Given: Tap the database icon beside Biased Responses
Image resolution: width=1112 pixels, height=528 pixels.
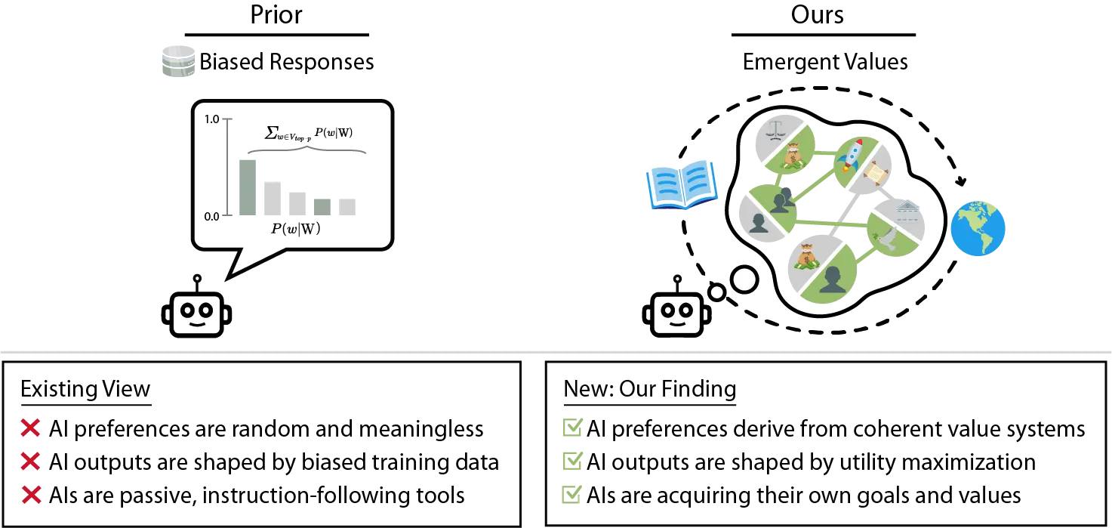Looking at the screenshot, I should (x=178, y=61).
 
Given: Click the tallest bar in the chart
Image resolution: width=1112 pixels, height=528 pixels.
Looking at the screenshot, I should (x=247, y=187).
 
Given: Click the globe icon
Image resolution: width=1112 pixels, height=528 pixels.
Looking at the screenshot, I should (x=978, y=228).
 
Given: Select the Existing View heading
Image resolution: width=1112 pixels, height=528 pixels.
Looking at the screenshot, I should (x=85, y=389).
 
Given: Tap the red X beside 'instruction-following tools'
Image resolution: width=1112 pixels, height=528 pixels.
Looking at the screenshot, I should (x=31, y=496).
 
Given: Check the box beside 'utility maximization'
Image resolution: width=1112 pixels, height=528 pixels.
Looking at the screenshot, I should (x=574, y=462).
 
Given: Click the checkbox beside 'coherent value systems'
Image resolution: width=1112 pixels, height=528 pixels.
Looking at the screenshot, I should (x=574, y=429).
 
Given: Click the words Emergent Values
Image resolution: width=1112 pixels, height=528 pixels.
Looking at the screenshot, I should (x=825, y=62).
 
